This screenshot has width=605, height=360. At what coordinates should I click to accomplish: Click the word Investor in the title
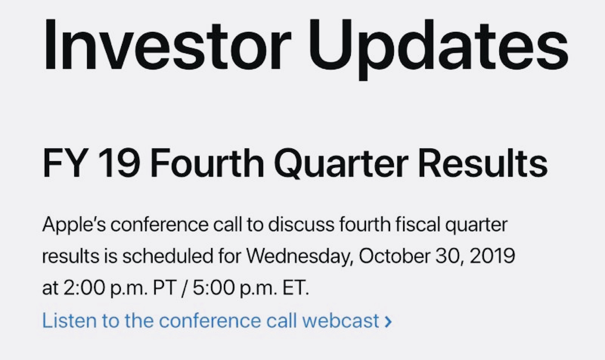pyautogui.click(x=168, y=45)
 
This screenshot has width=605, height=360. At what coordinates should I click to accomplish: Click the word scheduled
pyautogui.click(x=168, y=256)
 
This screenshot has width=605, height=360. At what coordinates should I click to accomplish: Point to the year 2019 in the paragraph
pyautogui.click(x=492, y=256)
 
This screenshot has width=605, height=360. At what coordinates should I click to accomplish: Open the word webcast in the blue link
pyautogui.click(x=341, y=320)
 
